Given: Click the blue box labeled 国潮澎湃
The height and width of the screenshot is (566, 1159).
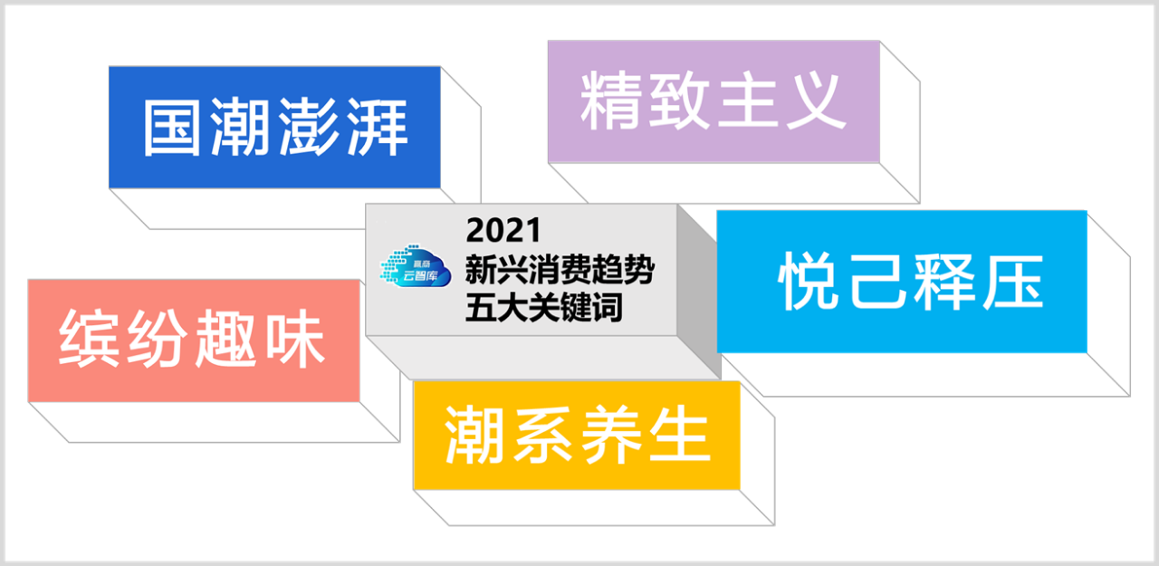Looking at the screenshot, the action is [274, 128].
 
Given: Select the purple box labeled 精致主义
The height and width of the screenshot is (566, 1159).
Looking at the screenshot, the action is [714, 101].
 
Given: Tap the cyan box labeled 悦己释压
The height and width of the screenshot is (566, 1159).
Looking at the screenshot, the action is [902, 282].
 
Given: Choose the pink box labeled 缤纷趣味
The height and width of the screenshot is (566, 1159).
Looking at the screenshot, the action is [194, 341].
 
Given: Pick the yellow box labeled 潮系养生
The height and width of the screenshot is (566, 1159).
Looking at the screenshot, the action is [577, 435].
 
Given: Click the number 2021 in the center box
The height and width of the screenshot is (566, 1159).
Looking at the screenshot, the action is [503, 230].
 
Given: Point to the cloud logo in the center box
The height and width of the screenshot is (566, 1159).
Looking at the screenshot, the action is [416, 266].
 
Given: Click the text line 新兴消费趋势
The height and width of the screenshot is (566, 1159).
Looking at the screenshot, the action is [560, 269].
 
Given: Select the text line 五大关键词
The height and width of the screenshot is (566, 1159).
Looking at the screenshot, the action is [544, 307].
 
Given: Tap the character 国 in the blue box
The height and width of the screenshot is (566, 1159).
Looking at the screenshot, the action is [172, 128].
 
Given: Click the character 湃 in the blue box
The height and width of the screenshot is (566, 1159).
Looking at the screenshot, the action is [378, 128].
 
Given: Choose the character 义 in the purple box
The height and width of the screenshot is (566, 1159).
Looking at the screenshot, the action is [817, 101].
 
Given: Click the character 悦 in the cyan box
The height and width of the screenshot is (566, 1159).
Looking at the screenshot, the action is [808, 282].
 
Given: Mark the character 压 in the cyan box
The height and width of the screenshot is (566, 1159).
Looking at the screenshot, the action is [1013, 282].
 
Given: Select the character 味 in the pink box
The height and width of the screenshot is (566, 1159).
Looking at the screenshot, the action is [295, 339].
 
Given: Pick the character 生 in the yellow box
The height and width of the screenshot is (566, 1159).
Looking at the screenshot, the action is [680, 435].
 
